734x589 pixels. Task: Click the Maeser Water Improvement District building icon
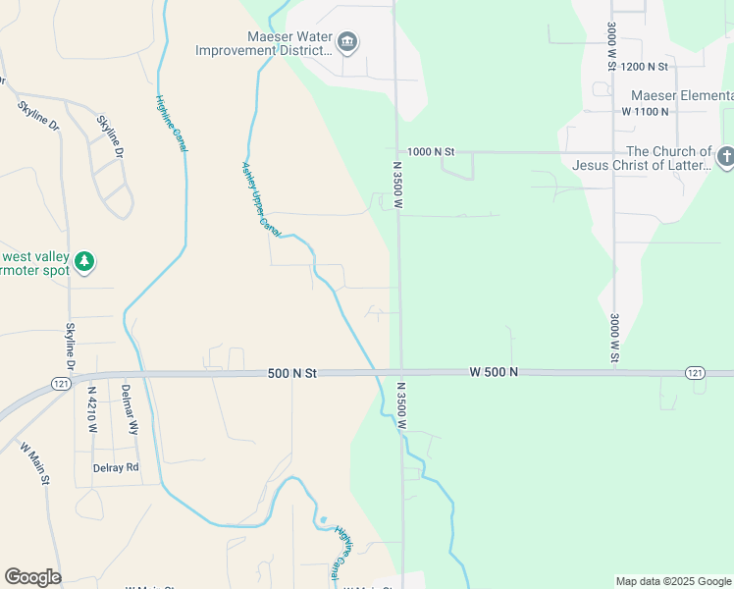click(346, 42)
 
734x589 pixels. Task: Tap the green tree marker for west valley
click(85, 261)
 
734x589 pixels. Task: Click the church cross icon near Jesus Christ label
click(725, 157)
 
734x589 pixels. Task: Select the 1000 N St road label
click(431, 152)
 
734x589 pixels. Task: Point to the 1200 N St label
click(644, 67)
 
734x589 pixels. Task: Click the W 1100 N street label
click(645, 112)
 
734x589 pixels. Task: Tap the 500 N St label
click(292, 374)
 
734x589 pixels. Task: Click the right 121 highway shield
click(695, 372)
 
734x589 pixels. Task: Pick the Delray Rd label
click(116, 467)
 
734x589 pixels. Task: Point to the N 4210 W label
click(90, 408)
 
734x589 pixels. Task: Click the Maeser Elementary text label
click(681, 95)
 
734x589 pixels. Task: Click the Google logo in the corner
click(32, 577)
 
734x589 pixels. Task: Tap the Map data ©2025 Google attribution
click(673, 581)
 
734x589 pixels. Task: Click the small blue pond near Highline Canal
click(323, 520)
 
